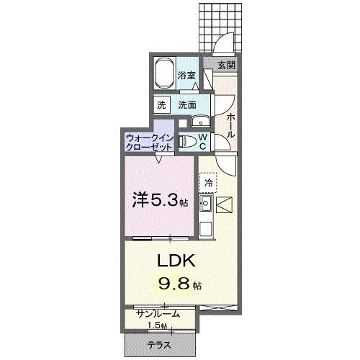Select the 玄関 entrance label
pyautogui.click(x=225, y=66)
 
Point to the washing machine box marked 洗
pyautogui.click(x=162, y=104)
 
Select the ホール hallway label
pyautogui.click(x=230, y=125)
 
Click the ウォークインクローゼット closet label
pyautogui.click(x=149, y=140)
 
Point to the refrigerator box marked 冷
pyautogui.click(x=208, y=184)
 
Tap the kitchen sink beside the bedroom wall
pyautogui.click(x=204, y=209)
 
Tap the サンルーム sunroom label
pyautogui.click(x=157, y=314)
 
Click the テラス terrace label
pyautogui.click(x=159, y=345)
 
